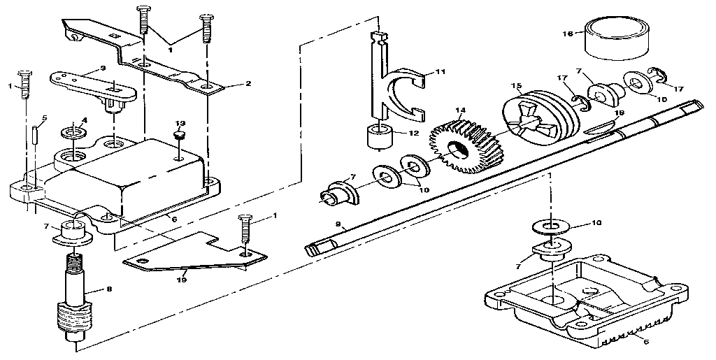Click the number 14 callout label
(459, 111)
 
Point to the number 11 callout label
(440, 71)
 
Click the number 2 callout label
(248, 84)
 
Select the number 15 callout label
(516, 86)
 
